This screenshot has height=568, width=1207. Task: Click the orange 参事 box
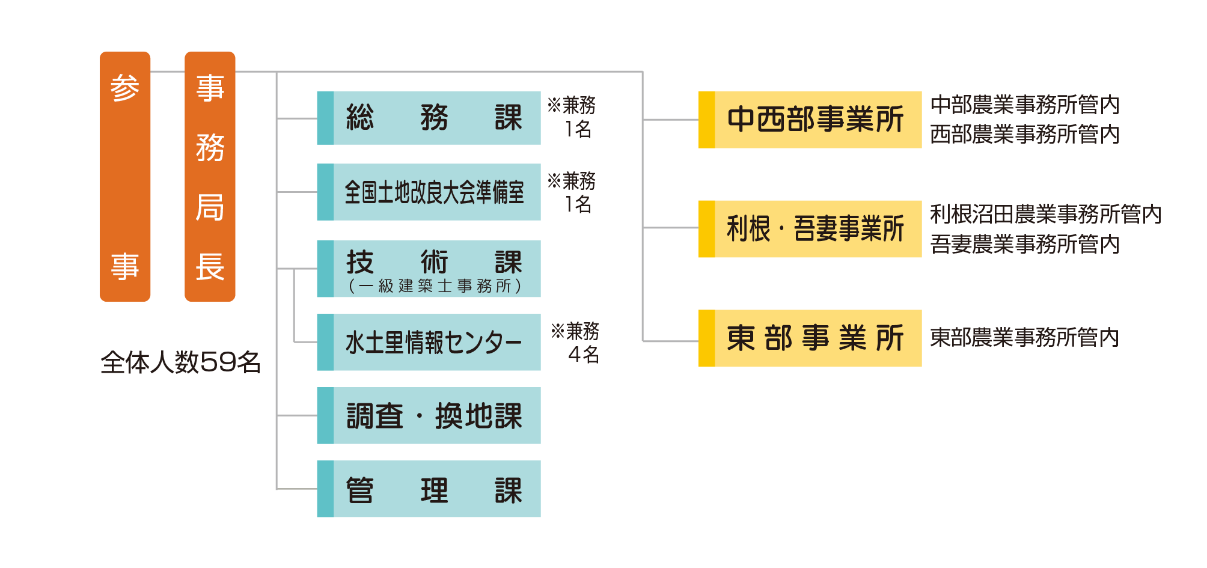click(x=125, y=176)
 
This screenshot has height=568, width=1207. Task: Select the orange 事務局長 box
click(x=210, y=176)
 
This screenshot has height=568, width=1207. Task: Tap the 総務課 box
click(x=429, y=118)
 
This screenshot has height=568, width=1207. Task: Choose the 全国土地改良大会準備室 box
click(x=429, y=192)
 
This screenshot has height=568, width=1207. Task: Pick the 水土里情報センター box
click(x=429, y=342)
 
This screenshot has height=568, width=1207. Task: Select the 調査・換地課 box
click(x=429, y=415)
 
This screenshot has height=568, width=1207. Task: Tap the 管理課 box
click(x=429, y=489)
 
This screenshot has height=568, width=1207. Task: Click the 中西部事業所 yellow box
click(x=810, y=120)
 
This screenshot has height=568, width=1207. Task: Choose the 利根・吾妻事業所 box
click(x=810, y=228)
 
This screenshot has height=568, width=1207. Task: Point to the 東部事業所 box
click(x=810, y=338)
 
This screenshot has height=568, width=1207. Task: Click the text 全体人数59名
click(x=180, y=362)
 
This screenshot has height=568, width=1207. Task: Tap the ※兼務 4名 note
click(x=575, y=343)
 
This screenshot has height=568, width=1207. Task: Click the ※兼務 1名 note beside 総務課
click(x=572, y=117)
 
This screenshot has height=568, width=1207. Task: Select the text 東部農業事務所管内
click(x=1024, y=338)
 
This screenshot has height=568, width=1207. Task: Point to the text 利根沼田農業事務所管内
click(x=1045, y=214)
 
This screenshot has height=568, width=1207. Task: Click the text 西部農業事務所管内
click(x=1024, y=134)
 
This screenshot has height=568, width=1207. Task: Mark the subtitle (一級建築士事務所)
click(x=435, y=286)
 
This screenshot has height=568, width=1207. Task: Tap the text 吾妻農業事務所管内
click(x=1024, y=244)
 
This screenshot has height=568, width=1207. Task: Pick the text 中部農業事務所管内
click(x=1024, y=105)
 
